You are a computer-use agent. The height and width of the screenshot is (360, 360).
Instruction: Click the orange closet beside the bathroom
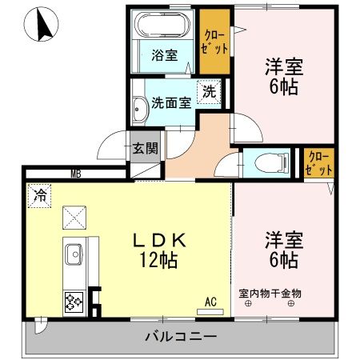tap(214, 42)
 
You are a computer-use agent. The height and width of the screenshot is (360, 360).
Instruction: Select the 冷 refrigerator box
tap(38, 193)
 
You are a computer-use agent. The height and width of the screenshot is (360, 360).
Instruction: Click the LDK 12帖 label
tap(159, 250)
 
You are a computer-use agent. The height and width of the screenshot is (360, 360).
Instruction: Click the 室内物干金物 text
tap(270, 294)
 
